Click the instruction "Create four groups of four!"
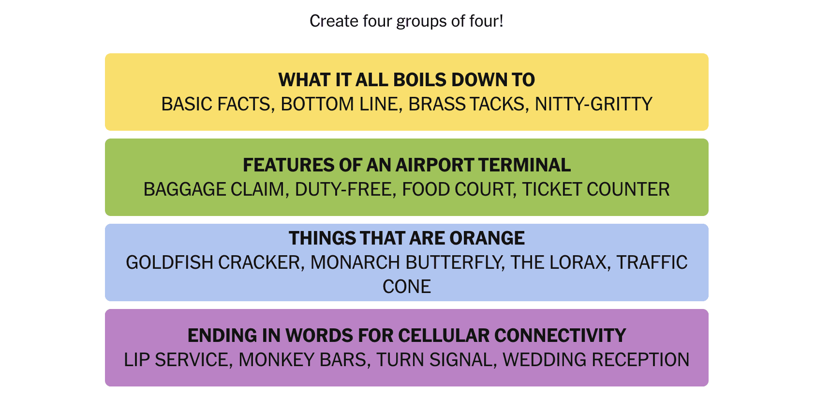point(406,21)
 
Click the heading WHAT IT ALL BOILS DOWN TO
point(406,80)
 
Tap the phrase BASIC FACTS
point(216,104)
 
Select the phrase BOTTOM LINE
point(341,104)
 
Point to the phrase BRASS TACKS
point(466,104)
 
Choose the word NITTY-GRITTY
point(593,104)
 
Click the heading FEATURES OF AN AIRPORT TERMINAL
point(406,165)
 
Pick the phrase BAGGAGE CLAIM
point(214,189)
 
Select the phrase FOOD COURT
point(458,189)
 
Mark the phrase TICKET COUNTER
point(596,189)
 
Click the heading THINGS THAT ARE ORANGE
point(406,238)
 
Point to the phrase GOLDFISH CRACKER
point(213,262)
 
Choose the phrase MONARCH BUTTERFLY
point(405,262)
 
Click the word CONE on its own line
point(406,287)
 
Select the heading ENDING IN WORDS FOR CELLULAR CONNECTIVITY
point(406,336)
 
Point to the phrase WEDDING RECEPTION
point(596,360)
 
